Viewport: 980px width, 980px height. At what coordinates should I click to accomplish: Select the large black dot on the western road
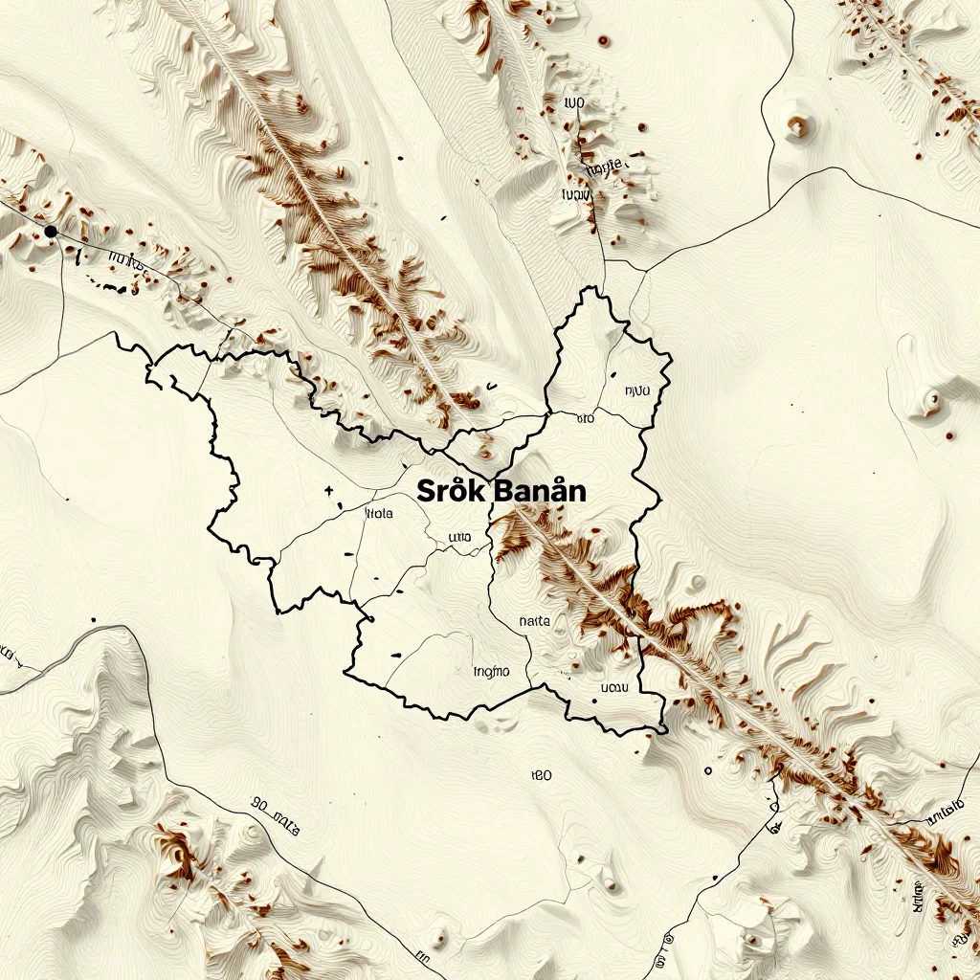click(51, 232)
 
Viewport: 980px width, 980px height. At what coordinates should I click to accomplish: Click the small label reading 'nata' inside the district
click(534, 621)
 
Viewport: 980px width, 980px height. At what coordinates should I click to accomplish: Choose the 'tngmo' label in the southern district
click(492, 672)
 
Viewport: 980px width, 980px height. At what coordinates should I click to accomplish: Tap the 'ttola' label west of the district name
click(380, 513)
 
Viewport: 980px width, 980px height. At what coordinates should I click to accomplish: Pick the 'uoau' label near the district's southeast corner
click(612, 687)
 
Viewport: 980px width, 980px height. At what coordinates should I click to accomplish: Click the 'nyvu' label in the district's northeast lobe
click(636, 390)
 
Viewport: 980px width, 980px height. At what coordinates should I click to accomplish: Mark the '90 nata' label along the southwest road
click(276, 813)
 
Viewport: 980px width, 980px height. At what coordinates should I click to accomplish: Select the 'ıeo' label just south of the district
click(541, 775)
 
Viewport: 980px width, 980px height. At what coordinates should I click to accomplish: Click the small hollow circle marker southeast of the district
click(708, 770)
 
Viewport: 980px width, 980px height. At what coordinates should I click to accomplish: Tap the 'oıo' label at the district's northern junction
click(585, 418)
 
